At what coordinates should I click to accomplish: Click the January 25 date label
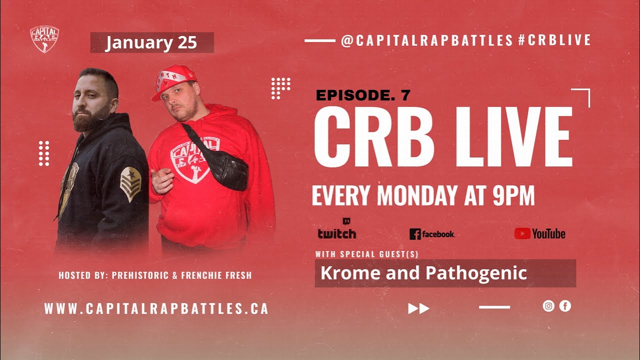(151, 43)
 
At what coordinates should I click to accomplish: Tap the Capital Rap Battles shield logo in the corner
(44, 39)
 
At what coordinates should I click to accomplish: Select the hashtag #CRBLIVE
(554, 40)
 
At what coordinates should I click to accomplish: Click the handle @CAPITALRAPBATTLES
(427, 40)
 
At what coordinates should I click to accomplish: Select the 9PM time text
(513, 195)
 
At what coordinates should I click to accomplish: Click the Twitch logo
(337, 229)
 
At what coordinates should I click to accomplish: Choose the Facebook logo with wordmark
(432, 234)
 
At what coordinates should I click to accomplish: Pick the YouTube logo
(540, 233)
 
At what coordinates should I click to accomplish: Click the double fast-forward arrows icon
(419, 308)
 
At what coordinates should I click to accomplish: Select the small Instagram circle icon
(548, 306)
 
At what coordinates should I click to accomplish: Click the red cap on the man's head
(175, 80)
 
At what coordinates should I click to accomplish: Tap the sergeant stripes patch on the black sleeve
(130, 183)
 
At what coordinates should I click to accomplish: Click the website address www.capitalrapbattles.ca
(156, 308)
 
